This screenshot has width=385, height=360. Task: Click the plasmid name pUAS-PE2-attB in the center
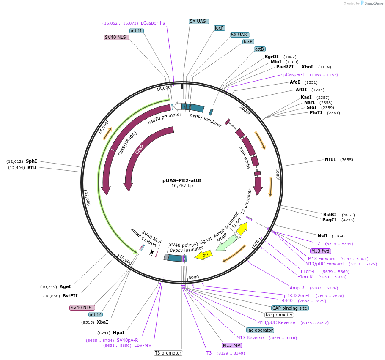(182, 180)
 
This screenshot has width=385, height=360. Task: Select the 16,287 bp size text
(182, 186)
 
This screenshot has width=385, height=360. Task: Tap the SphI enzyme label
(31, 161)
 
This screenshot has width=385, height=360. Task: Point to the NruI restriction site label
(330, 159)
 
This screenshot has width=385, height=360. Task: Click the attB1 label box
(136, 30)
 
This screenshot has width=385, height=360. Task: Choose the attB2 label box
(95, 314)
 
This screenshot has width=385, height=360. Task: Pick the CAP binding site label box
(290, 308)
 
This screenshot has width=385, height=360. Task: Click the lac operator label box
(260, 330)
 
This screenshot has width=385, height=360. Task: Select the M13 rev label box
(232, 345)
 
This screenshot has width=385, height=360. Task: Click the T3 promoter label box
(168, 353)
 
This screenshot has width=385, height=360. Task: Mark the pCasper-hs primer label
(153, 23)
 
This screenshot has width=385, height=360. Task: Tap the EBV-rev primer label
(143, 345)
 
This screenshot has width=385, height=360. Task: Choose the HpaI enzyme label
(118, 333)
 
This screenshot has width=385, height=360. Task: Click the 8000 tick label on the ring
(194, 277)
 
